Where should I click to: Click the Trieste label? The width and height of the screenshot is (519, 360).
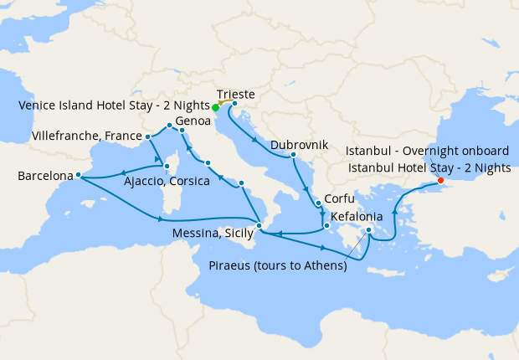point(235,94)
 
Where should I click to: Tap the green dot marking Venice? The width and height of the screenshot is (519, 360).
point(215,107)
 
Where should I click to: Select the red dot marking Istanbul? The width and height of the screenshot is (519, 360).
point(441,180)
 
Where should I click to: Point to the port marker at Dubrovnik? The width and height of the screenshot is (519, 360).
point(293,155)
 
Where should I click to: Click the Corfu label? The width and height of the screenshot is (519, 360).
point(338,200)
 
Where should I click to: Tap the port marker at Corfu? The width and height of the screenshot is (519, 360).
point(318,203)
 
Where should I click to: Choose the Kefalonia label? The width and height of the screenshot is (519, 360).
point(357,215)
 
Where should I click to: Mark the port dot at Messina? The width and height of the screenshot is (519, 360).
point(259,226)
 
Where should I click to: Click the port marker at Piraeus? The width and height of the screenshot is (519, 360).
point(369,229)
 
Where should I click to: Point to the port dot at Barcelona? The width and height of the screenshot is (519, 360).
point(77,175)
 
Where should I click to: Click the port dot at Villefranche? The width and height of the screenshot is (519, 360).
point(147,136)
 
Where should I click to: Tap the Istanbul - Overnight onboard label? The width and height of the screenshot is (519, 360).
point(427,151)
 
